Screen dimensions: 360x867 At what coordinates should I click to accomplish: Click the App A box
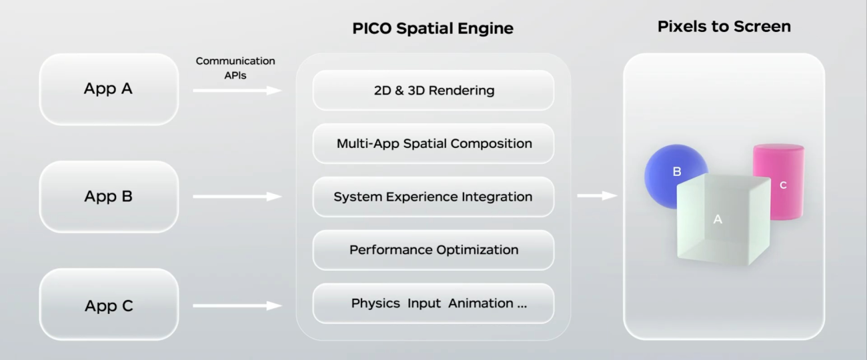109,89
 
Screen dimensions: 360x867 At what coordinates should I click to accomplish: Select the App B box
109,197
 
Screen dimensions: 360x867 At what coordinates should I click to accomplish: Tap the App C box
109,305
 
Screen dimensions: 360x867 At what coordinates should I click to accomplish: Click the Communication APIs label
235,68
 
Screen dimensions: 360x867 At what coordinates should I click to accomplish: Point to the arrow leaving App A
237,90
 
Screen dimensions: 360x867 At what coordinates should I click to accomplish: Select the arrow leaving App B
237,196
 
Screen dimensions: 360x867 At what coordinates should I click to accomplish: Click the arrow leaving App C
237,305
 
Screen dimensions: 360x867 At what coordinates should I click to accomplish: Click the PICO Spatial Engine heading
433,28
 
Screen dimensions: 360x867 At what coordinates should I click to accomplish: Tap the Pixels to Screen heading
724,27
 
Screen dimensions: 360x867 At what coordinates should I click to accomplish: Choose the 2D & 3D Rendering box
433,90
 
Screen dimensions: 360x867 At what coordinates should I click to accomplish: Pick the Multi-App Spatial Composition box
433,143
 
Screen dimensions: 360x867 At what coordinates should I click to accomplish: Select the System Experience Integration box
433,197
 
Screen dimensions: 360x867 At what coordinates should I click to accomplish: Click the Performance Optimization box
433,250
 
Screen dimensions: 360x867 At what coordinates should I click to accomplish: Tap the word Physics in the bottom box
375,303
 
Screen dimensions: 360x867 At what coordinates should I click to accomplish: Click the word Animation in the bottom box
481,303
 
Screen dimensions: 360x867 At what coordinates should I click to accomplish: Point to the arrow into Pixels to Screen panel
597,195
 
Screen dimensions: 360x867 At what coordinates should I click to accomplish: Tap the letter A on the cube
718,219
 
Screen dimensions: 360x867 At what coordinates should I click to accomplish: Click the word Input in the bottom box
424,303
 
